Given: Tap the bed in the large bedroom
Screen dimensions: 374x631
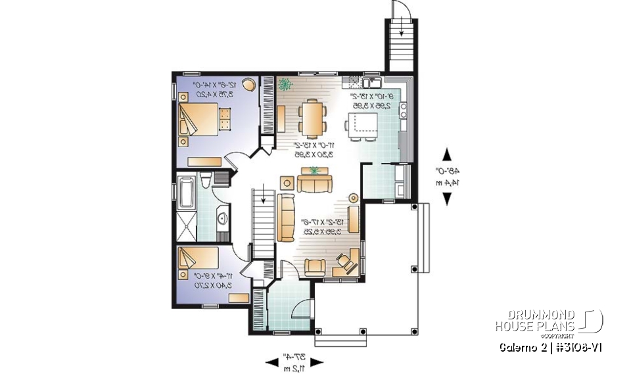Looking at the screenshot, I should [199, 120].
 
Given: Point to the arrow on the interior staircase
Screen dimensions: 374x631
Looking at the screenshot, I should [263, 197].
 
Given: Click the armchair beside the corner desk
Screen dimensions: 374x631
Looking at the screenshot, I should [315, 266].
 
